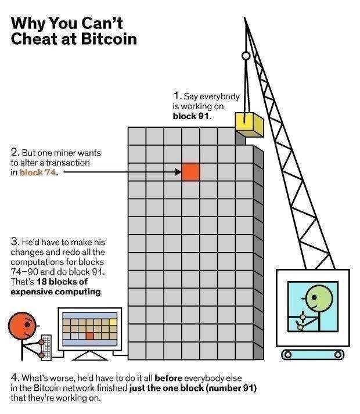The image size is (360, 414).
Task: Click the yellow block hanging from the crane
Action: coord(249,124)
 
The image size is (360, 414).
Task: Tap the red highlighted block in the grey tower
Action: coord(190,172)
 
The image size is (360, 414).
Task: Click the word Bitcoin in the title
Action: coord(109,39)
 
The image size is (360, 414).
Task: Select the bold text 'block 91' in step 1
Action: coord(190,116)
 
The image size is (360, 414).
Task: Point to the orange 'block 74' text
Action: coord(38,172)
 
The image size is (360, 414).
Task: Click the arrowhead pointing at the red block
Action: coord(178,172)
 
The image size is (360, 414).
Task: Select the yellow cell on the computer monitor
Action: coord(113,322)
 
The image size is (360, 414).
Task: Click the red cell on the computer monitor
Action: coord(90,336)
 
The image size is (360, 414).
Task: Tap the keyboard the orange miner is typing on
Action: coord(46,347)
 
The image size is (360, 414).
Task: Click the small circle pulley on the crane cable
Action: coord(246,56)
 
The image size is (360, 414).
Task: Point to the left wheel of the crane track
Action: coord(288,354)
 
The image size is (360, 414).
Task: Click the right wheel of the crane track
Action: coord(337,354)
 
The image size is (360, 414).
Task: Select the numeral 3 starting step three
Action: coord(15,242)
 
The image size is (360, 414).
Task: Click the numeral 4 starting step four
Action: coord(15,377)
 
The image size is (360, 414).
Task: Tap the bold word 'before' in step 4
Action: coord(168,378)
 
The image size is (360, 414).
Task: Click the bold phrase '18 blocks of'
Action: coord(62,282)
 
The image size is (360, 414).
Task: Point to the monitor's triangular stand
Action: coord(90,355)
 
